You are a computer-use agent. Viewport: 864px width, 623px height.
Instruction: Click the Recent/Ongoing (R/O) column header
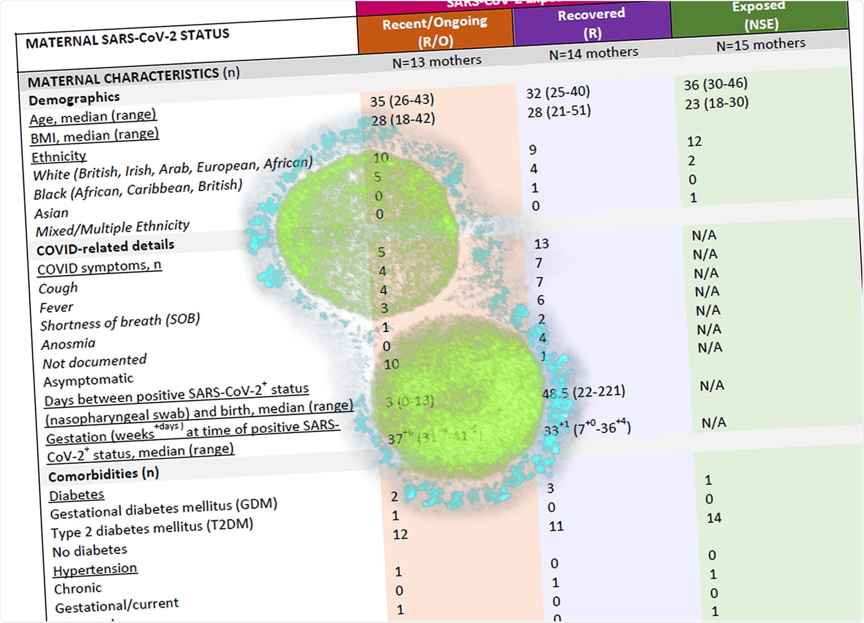tap(435, 31)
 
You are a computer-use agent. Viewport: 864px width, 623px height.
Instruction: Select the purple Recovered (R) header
tap(592, 23)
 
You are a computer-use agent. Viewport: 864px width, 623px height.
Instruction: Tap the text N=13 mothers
tap(436, 61)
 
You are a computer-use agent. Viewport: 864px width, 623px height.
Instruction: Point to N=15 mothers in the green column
tap(760, 45)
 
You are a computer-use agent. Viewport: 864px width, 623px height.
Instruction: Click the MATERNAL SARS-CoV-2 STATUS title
tap(127, 38)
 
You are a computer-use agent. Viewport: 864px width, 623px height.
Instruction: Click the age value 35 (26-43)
tap(402, 100)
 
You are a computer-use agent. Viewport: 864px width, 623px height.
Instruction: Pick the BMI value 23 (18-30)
tap(716, 103)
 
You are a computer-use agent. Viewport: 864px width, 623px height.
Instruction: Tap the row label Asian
tap(52, 213)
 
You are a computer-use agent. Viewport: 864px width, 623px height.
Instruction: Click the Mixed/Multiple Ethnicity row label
tap(112, 227)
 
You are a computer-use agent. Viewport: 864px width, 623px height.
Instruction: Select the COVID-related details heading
tap(105, 247)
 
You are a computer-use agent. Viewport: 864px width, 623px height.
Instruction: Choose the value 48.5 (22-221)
tap(584, 393)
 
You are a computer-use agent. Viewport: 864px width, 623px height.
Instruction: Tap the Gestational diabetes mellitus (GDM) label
tap(163, 508)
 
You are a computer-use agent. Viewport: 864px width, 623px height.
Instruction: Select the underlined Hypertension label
tap(95, 569)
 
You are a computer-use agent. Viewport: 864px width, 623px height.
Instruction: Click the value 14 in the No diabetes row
tap(714, 518)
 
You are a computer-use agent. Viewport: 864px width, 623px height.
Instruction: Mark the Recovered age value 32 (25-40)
tap(558, 92)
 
